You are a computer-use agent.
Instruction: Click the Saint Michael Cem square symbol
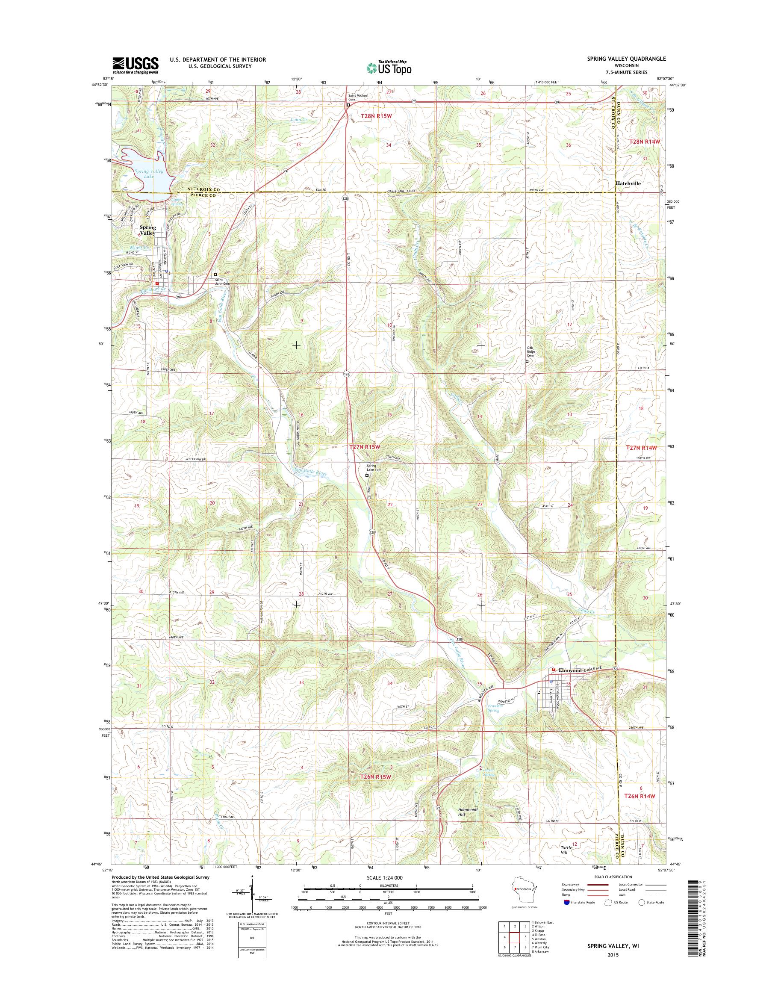[348, 105]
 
